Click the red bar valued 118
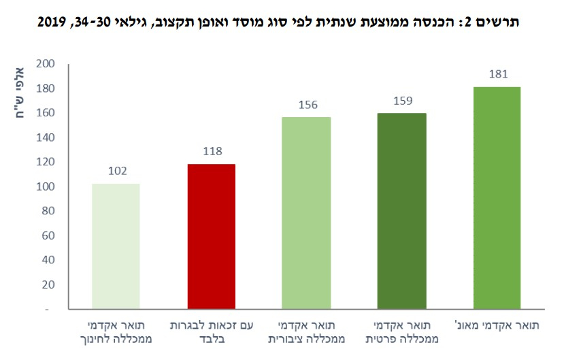pyautogui.click(x=211, y=236)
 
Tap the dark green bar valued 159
pyautogui.click(x=401, y=211)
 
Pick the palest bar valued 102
pyautogui.click(x=116, y=246)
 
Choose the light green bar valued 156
pyautogui.click(x=306, y=213)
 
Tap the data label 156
pyautogui.click(x=306, y=105)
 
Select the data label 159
pyautogui.click(x=401, y=101)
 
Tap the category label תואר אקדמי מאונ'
pyautogui.click(x=497, y=325)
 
